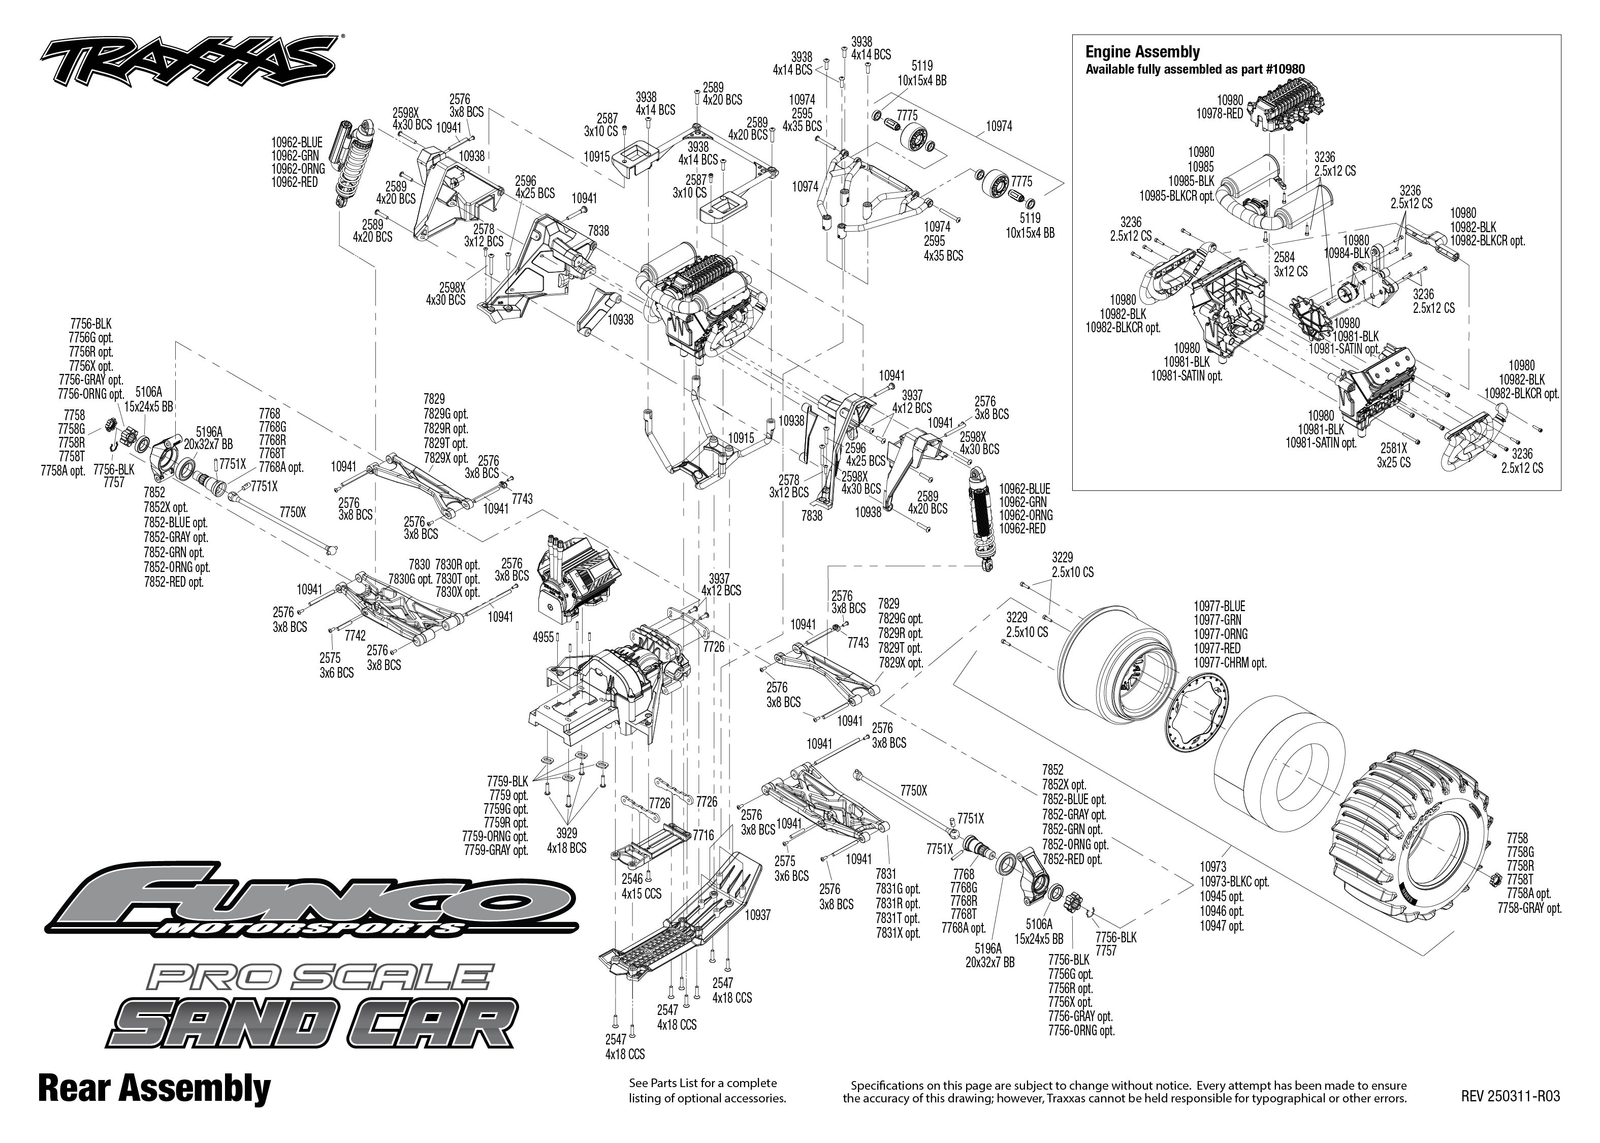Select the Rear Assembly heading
coord(154,1089)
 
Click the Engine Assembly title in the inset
coord(1142,51)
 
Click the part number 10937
coord(757,915)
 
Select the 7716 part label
coord(703,836)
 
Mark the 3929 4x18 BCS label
coord(566,841)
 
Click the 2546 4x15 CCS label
coord(641,886)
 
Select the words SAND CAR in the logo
coord(314,1024)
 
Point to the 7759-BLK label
coord(507,781)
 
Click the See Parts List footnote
coord(707,1090)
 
